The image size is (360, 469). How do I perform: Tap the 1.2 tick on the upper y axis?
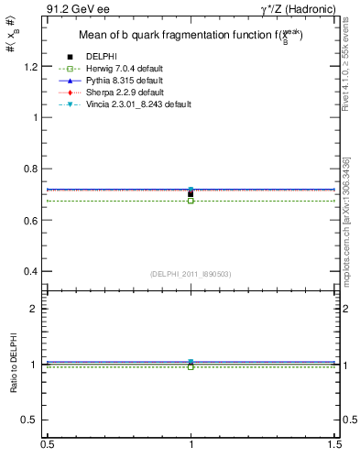tap(32, 67)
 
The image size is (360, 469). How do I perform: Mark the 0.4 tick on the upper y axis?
tap(32, 272)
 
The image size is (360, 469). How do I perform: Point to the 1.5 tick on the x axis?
tap(335, 444)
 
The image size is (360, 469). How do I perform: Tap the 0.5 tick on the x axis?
tap(47, 444)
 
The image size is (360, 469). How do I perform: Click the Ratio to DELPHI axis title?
tap(15, 364)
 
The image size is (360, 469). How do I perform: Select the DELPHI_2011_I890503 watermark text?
tap(190, 274)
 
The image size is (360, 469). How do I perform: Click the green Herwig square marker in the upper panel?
tap(191, 200)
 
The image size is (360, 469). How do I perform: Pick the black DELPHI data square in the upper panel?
tap(191, 193)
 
